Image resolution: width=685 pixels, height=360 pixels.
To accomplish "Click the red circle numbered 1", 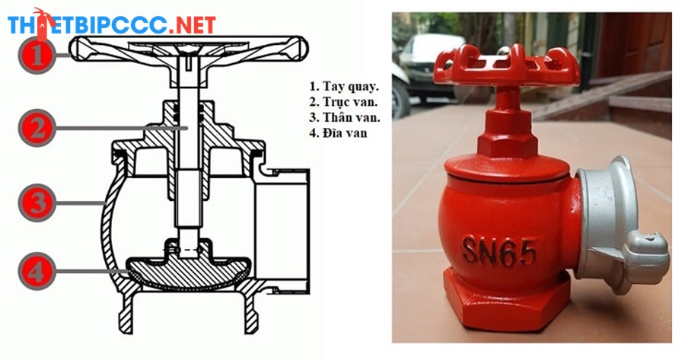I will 37,55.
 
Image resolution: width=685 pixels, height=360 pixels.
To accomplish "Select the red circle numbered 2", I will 37,128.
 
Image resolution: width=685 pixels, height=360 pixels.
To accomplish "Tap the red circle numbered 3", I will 37,202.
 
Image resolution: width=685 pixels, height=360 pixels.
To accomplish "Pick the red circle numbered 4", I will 37,271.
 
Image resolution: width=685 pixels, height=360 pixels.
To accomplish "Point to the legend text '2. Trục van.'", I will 344,101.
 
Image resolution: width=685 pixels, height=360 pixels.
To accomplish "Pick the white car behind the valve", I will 430,65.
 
